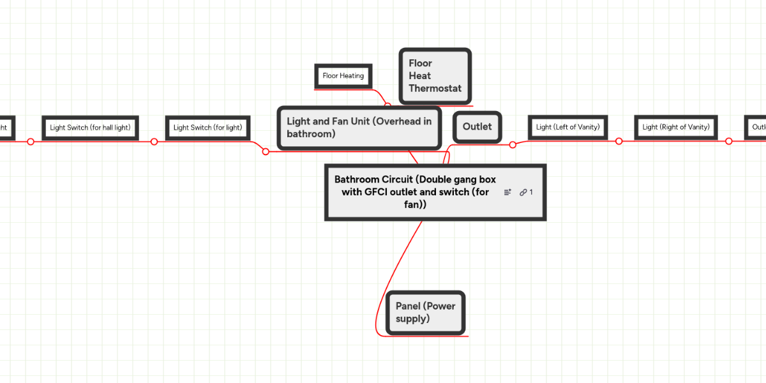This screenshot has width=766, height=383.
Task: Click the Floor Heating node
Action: click(x=343, y=76)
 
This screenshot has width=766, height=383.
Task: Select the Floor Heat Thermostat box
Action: click(x=435, y=76)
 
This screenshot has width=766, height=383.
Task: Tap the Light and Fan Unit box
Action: click(x=359, y=128)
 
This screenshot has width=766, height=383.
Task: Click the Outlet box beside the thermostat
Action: click(x=477, y=127)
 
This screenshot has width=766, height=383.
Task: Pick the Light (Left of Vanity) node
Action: click(x=567, y=127)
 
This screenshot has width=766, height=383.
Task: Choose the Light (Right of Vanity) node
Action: click(x=676, y=127)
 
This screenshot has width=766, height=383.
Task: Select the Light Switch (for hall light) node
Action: click(x=90, y=128)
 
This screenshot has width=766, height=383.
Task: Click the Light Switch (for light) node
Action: click(x=207, y=128)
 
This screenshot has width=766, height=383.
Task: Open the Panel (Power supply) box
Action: click(x=425, y=313)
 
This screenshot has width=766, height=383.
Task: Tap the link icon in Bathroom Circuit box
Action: click(x=523, y=192)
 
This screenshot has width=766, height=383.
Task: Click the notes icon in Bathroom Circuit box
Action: click(x=507, y=192)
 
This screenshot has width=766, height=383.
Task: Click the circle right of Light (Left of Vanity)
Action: click(x=619, y=141)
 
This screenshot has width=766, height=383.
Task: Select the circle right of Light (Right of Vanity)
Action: click(x=728, y=141)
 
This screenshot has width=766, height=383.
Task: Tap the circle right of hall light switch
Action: click(x=154, y=142)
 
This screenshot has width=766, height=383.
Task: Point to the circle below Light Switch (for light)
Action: click(x=266, y=151)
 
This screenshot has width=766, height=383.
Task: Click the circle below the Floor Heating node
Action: click(x=387, y=104)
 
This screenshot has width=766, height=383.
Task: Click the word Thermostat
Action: click(x=435, y=88)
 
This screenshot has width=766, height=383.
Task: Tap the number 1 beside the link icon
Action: click(x=531, y=192)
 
